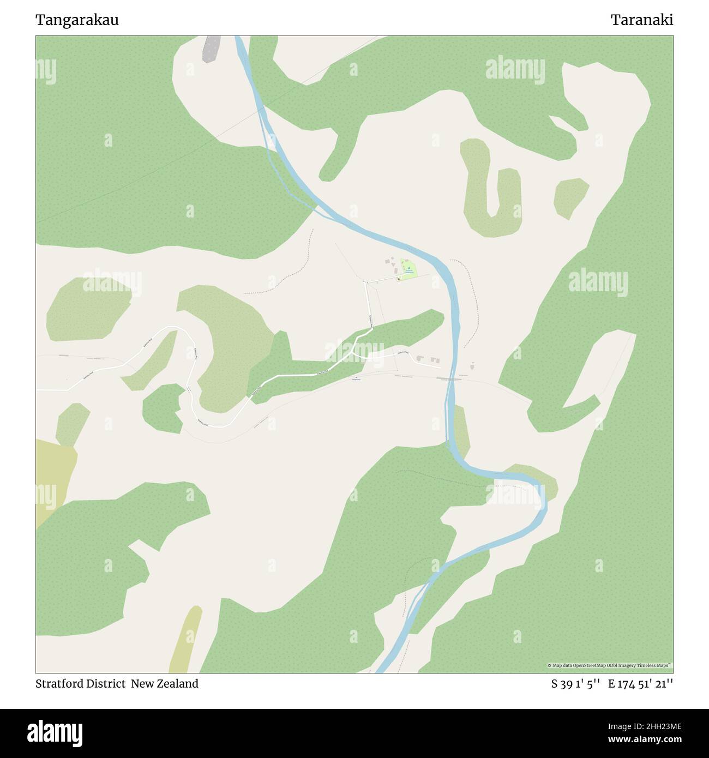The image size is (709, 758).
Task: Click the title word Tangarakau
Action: [77, 20]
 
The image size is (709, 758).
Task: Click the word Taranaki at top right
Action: [641, 20]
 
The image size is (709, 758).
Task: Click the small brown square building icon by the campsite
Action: [399, 279]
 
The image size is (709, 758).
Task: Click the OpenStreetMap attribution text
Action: [610, 665]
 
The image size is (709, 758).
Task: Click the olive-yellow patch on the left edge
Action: [52, 480]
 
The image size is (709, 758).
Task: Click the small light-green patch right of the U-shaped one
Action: [569, 197]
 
